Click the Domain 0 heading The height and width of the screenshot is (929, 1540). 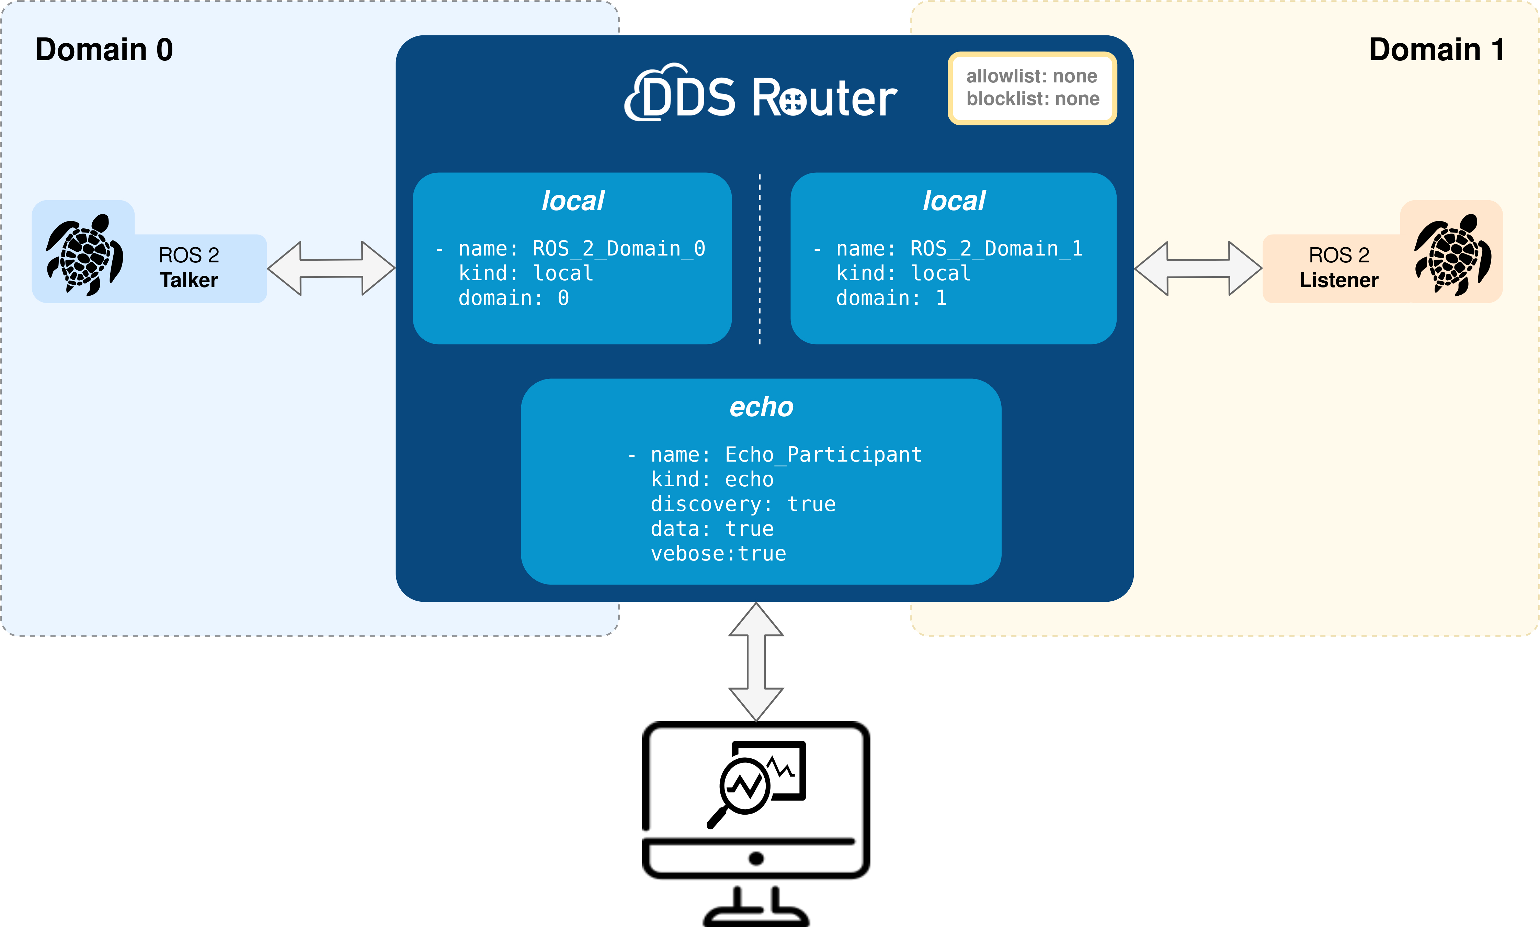104,50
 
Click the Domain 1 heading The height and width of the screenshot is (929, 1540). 1436,50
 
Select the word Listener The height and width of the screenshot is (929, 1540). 1339,280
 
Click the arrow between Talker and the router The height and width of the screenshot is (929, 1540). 331,268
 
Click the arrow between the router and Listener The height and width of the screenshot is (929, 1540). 1198,268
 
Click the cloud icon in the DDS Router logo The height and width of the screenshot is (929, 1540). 650,94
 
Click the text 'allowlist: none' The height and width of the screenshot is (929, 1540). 1032,76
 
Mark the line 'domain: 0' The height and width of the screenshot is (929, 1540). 514,298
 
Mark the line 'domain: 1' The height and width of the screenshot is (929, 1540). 891,298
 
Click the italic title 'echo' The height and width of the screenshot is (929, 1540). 761,407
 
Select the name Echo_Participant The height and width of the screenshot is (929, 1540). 823,454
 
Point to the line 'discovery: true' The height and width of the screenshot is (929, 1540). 743,504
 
